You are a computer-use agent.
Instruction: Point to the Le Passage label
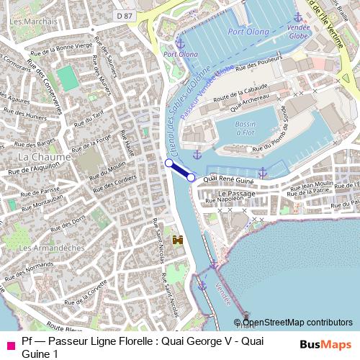[x=233, y=194]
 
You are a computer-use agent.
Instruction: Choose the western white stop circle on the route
[x=169, y=163]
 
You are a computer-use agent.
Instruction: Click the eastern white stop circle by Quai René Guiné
[x=191, y=177]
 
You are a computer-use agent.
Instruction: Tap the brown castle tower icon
[x=177, y=240]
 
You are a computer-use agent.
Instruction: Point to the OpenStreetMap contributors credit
[x=297, y=323]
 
